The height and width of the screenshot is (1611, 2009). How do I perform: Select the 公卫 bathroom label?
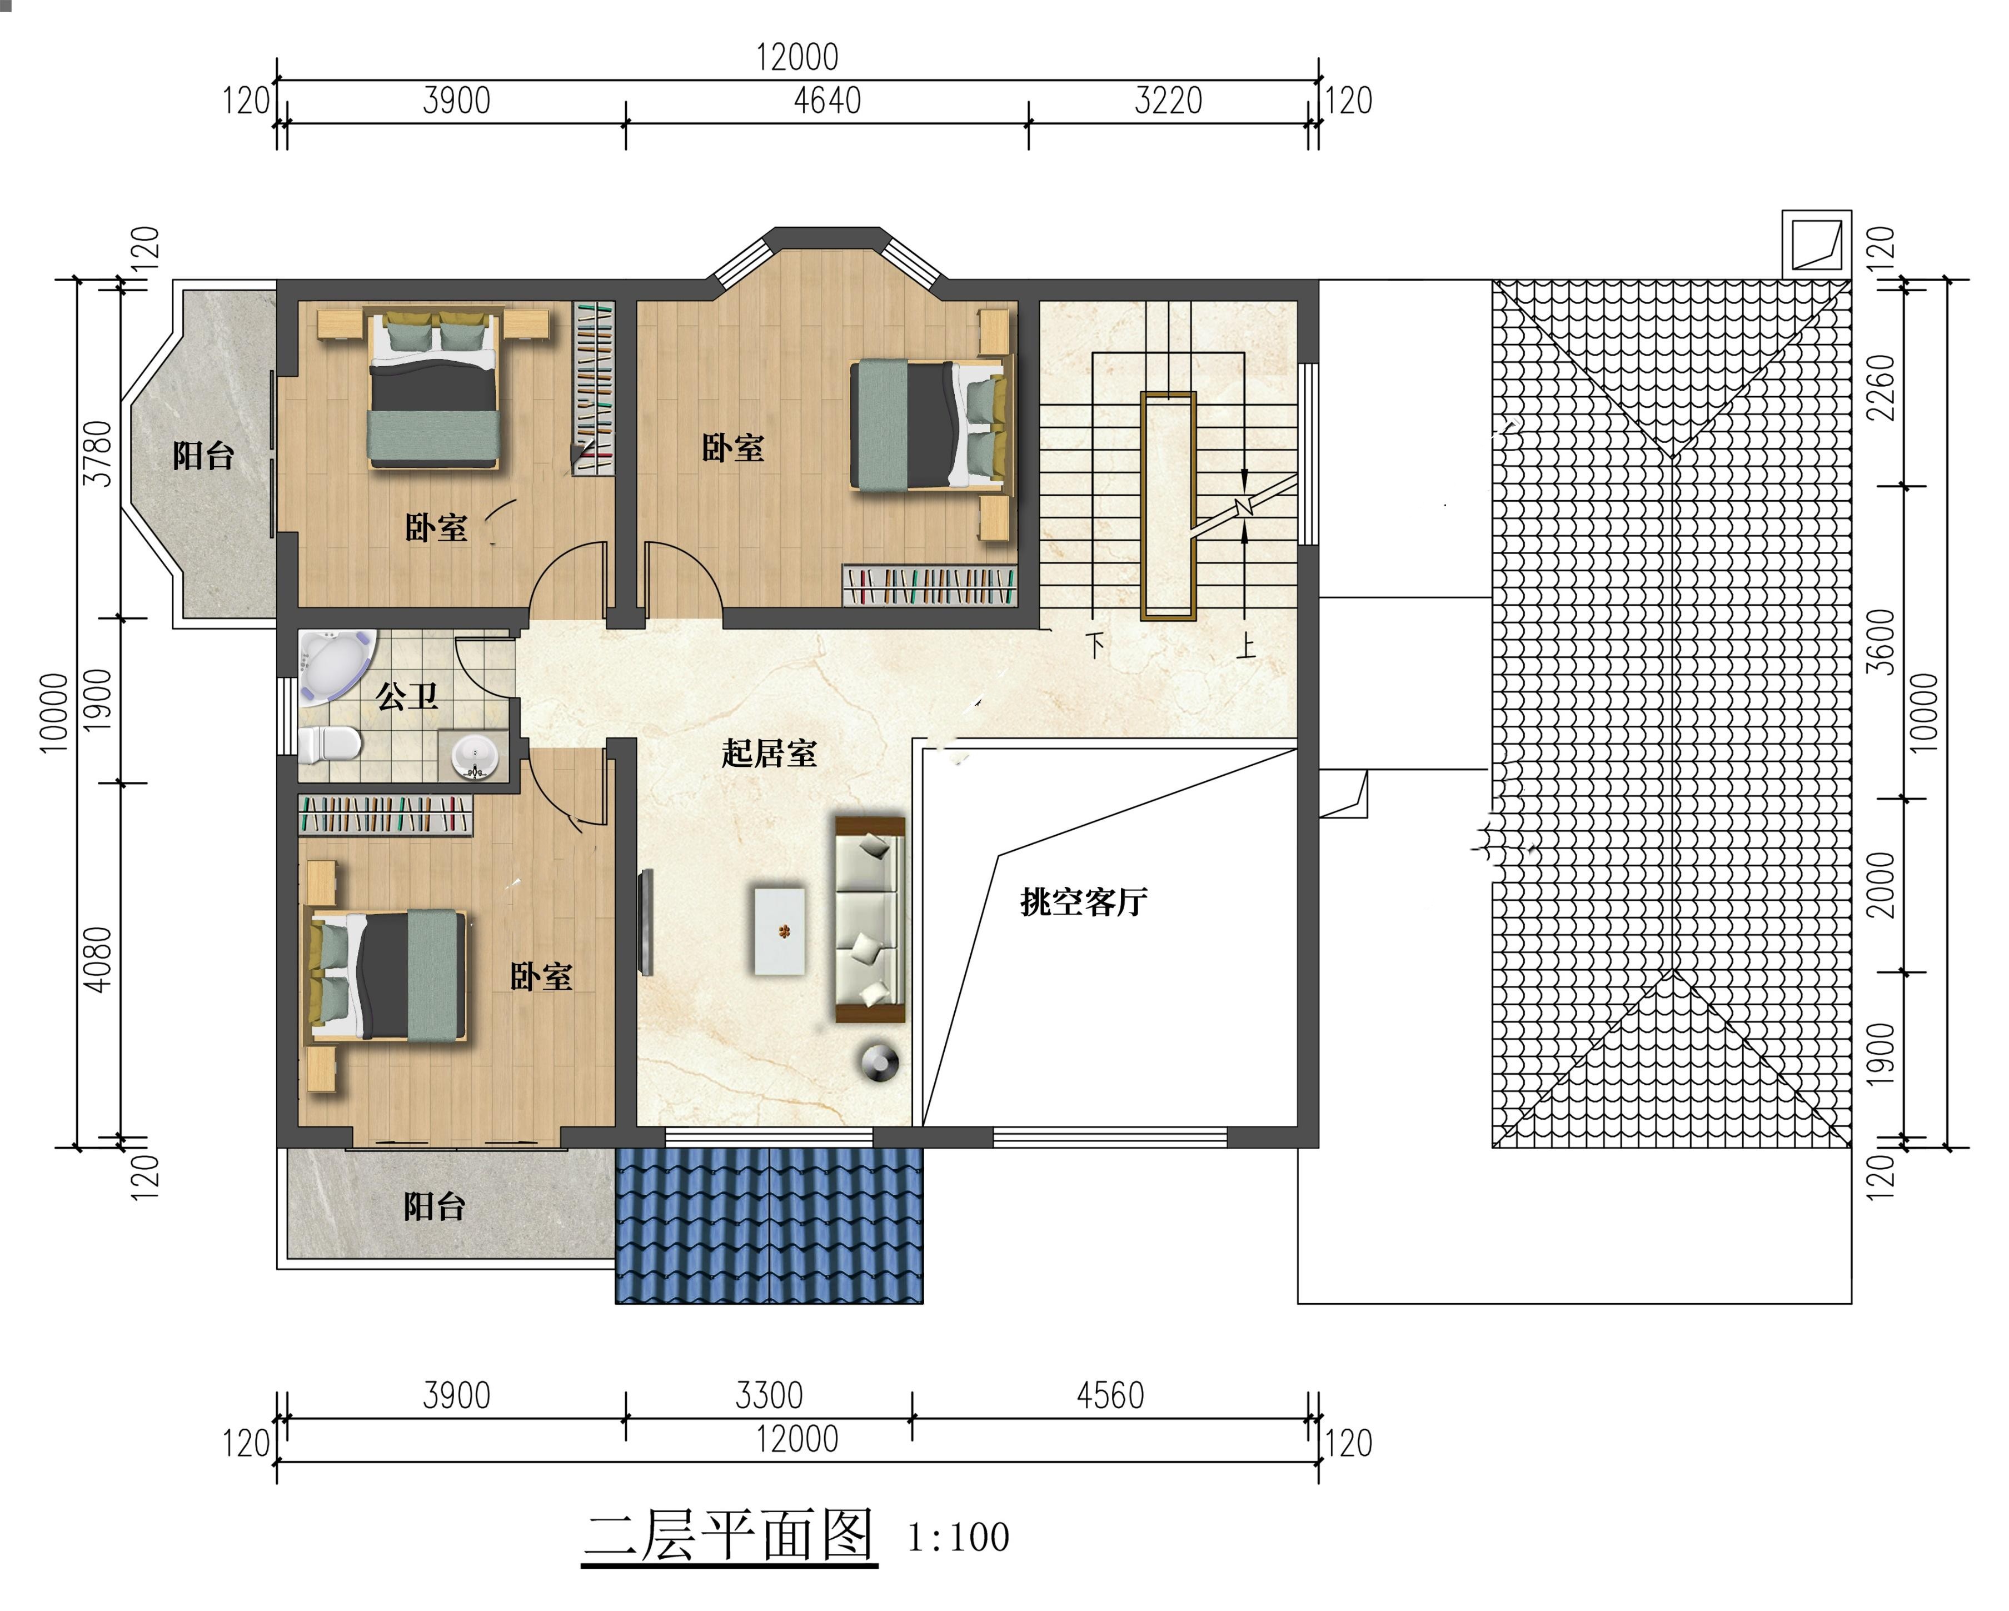[x=407, y=695]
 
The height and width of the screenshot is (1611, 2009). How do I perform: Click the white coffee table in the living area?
[x=780, y=931]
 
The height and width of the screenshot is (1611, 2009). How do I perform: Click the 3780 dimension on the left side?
[x=98, y=454]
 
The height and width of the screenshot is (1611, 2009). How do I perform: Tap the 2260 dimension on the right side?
[x=1881, y=388]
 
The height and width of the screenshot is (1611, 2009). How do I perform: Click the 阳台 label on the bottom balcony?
[x=434, y=1206]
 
